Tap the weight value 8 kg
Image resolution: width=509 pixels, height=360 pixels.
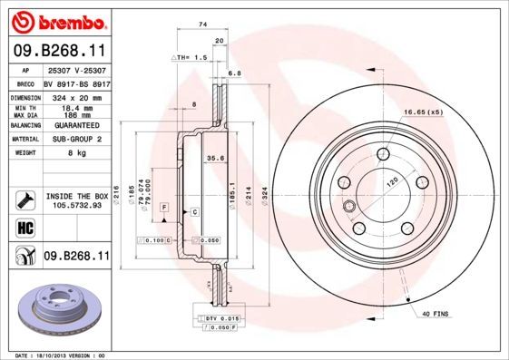coord(76,154)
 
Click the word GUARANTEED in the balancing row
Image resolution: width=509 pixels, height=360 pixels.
coord(76,125)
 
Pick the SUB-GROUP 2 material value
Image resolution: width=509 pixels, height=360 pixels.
coord(76,140)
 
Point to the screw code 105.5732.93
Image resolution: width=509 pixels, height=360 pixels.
coord(76,205)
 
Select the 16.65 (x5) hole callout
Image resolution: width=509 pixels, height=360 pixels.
coord(424,112)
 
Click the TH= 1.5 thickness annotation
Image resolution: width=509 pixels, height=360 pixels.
coord(191,56)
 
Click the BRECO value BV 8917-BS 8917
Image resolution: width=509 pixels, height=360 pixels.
coord(76,83)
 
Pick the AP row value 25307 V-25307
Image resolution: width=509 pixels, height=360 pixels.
coord(76,70)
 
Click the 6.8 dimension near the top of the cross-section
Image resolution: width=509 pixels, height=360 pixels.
coord(233,73)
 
